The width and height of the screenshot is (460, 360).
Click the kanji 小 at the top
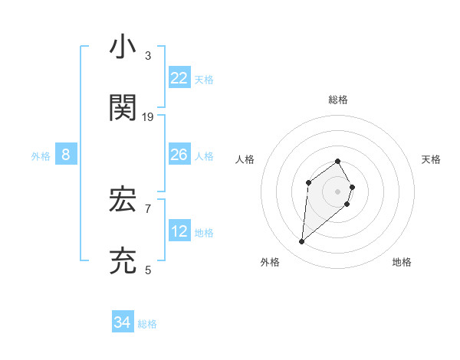pyautogui.click(x=123, y=47)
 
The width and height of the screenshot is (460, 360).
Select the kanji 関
pyautogui.click(x=123, y=108)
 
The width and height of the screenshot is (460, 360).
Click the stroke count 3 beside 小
pyautogui.click(x=148, y=56)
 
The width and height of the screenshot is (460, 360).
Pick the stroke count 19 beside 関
pyautogui.click(x=148, y=117)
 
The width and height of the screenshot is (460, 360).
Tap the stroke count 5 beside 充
pyautogui.click(x=148, y=270)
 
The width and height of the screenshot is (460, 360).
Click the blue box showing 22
pyautogui.click(x=179, y=78)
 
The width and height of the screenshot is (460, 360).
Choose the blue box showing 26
pyautogui.click(x=179, y=155)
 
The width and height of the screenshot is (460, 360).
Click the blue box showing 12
pyautogui.click(x=179, y=231)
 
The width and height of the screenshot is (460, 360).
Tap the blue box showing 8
pyautogui.click(x=66, y=155)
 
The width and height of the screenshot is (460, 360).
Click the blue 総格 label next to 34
pyautogui.click(x=147, y=324)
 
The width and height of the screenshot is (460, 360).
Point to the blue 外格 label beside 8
pyautogui.click(x=41, y=156)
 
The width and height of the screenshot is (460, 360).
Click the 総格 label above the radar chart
pyautogui.click(x=338, y=100)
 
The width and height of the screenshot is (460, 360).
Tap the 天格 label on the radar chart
pyautogui.click(x=431, y=159)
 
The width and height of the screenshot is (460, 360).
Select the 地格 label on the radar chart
pyautogui.click(x=402, y=262)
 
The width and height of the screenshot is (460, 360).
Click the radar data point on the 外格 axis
pyautogui.click(x=302, y=242)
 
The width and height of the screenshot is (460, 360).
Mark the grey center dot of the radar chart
pyautogui.click(x=338, y=191)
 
